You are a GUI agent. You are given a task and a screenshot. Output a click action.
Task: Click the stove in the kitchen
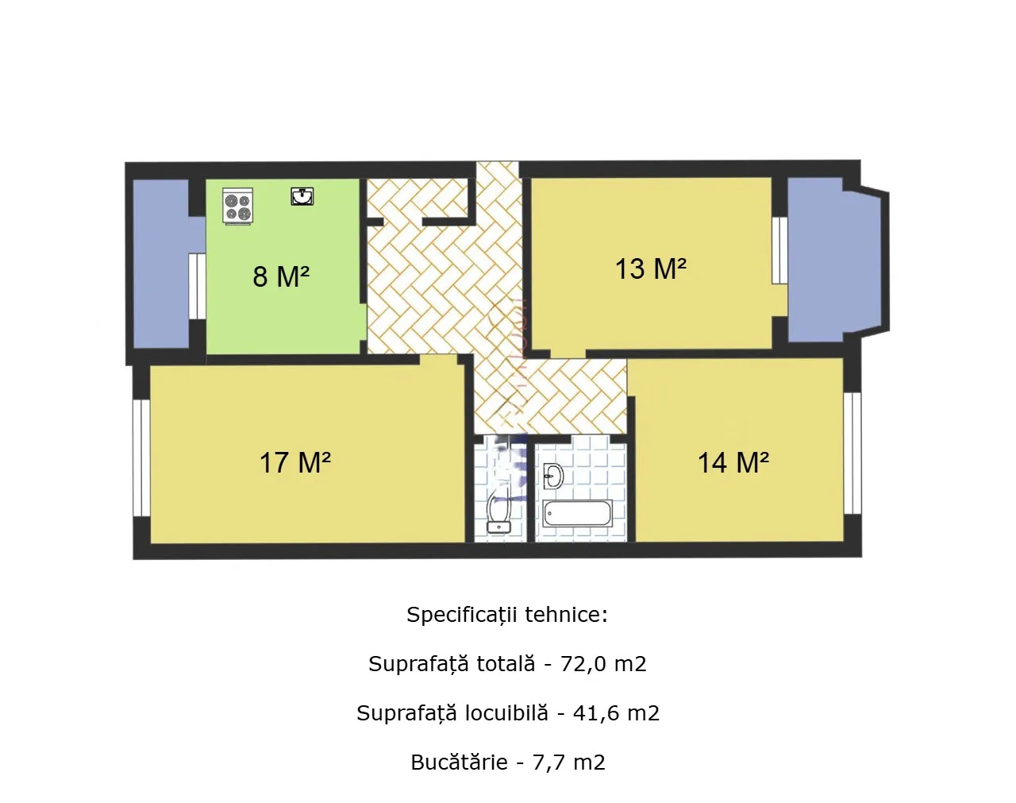238,207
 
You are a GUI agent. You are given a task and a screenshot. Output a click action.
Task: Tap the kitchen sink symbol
302,196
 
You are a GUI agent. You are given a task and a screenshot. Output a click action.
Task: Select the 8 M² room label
281,276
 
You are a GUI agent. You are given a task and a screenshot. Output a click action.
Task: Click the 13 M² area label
651,268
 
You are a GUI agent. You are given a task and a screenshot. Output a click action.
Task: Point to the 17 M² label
295,462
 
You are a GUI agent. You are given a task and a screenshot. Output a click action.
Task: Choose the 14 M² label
733,462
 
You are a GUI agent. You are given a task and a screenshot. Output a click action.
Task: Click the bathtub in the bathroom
577,513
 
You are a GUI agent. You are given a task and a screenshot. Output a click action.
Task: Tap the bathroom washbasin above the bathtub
553,476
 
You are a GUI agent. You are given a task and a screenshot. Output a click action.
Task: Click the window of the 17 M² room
141,458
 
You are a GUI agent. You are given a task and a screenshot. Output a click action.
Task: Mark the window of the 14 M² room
852,454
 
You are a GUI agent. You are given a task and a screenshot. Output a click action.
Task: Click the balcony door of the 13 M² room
779,250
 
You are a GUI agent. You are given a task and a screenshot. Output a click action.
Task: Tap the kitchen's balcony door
198,287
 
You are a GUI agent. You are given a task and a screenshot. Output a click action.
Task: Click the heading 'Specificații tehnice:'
507,615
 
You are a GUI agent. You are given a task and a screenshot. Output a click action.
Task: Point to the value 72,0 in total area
583,664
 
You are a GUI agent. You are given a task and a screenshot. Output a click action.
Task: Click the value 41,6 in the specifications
596,713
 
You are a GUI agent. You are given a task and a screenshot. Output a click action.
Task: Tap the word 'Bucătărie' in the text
459,762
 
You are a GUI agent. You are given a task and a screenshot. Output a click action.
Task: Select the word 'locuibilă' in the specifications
506,712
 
